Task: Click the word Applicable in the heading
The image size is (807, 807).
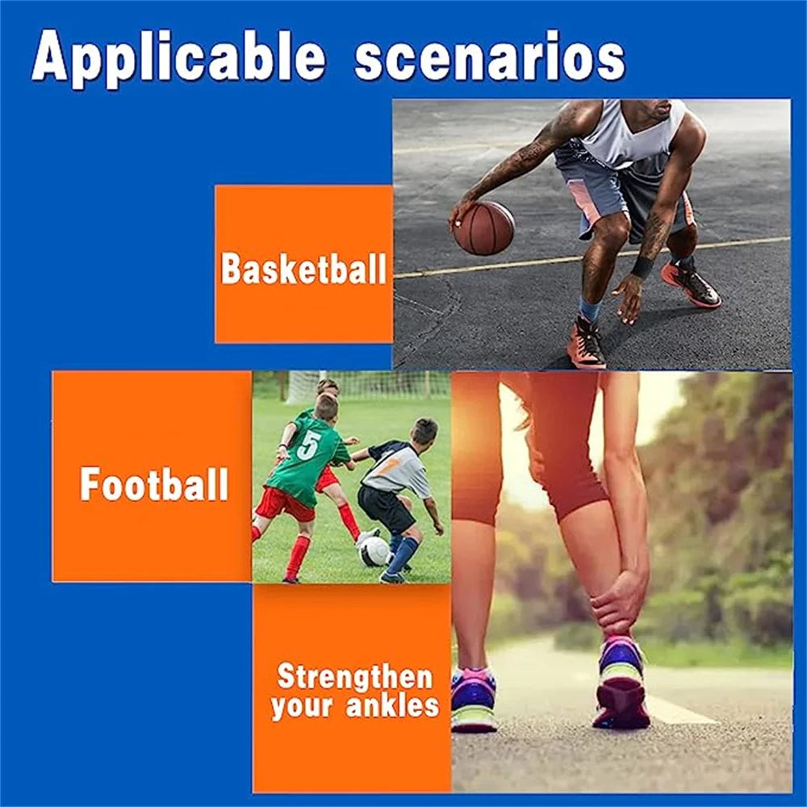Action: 178,57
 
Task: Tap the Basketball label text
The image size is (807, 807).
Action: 303,268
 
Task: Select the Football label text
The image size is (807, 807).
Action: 154,483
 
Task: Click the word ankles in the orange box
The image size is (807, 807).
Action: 392,705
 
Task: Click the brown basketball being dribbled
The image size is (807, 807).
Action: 483,228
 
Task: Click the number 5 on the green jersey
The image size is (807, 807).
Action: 308,445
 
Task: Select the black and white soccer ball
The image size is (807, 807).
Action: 374,551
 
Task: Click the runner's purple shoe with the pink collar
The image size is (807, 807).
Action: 473,699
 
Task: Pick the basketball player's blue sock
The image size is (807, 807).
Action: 590,310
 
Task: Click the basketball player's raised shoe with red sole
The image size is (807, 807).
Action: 691,285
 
